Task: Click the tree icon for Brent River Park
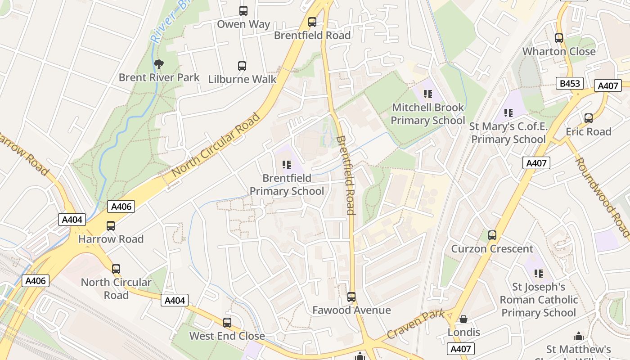tap(158, 64)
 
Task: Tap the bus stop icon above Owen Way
tap(243, 11)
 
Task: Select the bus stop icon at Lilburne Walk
tap(242, 66)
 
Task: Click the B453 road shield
tap(570, 83)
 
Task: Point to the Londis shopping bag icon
tap(463, 319)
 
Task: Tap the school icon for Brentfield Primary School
tap(286, 165)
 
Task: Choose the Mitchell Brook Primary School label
tap(427, 114)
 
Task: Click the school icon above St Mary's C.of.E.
tap(508, 112)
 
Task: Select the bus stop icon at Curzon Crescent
tap(492, 235)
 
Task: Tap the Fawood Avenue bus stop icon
tap(351, 297)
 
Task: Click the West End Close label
tap(227, 336)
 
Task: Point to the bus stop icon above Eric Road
tap(589, 118)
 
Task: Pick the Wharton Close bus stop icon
tap(559, 38)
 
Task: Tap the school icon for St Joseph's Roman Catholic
tap(538, 273)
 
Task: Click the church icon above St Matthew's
tap(579, 336)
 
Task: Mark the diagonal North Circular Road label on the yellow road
tap(216, 144)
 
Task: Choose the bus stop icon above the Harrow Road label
tap(111, 226)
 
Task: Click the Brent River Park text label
tap(159, 77)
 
